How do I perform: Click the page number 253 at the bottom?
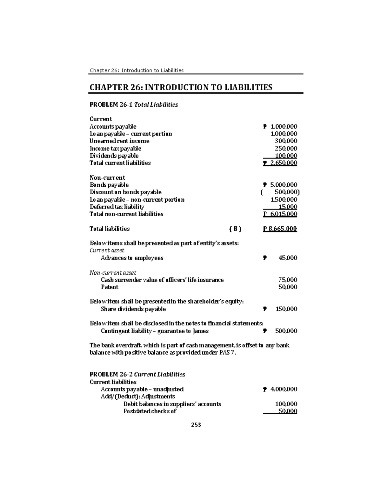pyautogui.click(x=196, y=425)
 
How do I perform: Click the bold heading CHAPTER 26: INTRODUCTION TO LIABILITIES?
pyautogui.click(x=181, y=87)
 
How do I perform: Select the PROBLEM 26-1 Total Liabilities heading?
pyautogui.click(x=134, y=104)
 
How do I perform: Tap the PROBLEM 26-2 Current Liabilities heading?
pyautogui.click(x=137, y=374)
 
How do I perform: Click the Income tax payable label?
pyautogui.click(x=115, y=149)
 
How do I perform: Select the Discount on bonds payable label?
pyautogui.click(x=125, y=192)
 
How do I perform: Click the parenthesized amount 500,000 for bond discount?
pyautogui.click(x=286, y=192)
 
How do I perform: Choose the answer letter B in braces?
pyautogui.click(x=235, y=229)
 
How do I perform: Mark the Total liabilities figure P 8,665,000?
pyautogui.click(x=280, y=229)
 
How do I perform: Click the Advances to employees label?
pyautogui.click(x=132, y=258)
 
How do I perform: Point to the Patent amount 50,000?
pyautogui.click(x=288, y=287)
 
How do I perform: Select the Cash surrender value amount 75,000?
pyautogui.click(x=288, y=280)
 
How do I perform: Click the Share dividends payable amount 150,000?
pyautogui.click(x=286, y=309)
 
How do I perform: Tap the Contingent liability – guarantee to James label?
pyautogui.click(x=155, y=331)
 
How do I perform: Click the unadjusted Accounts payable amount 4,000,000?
pyautogui.click(x=284, y=389)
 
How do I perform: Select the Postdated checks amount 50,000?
pyautogui.click(x=288, y=411)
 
